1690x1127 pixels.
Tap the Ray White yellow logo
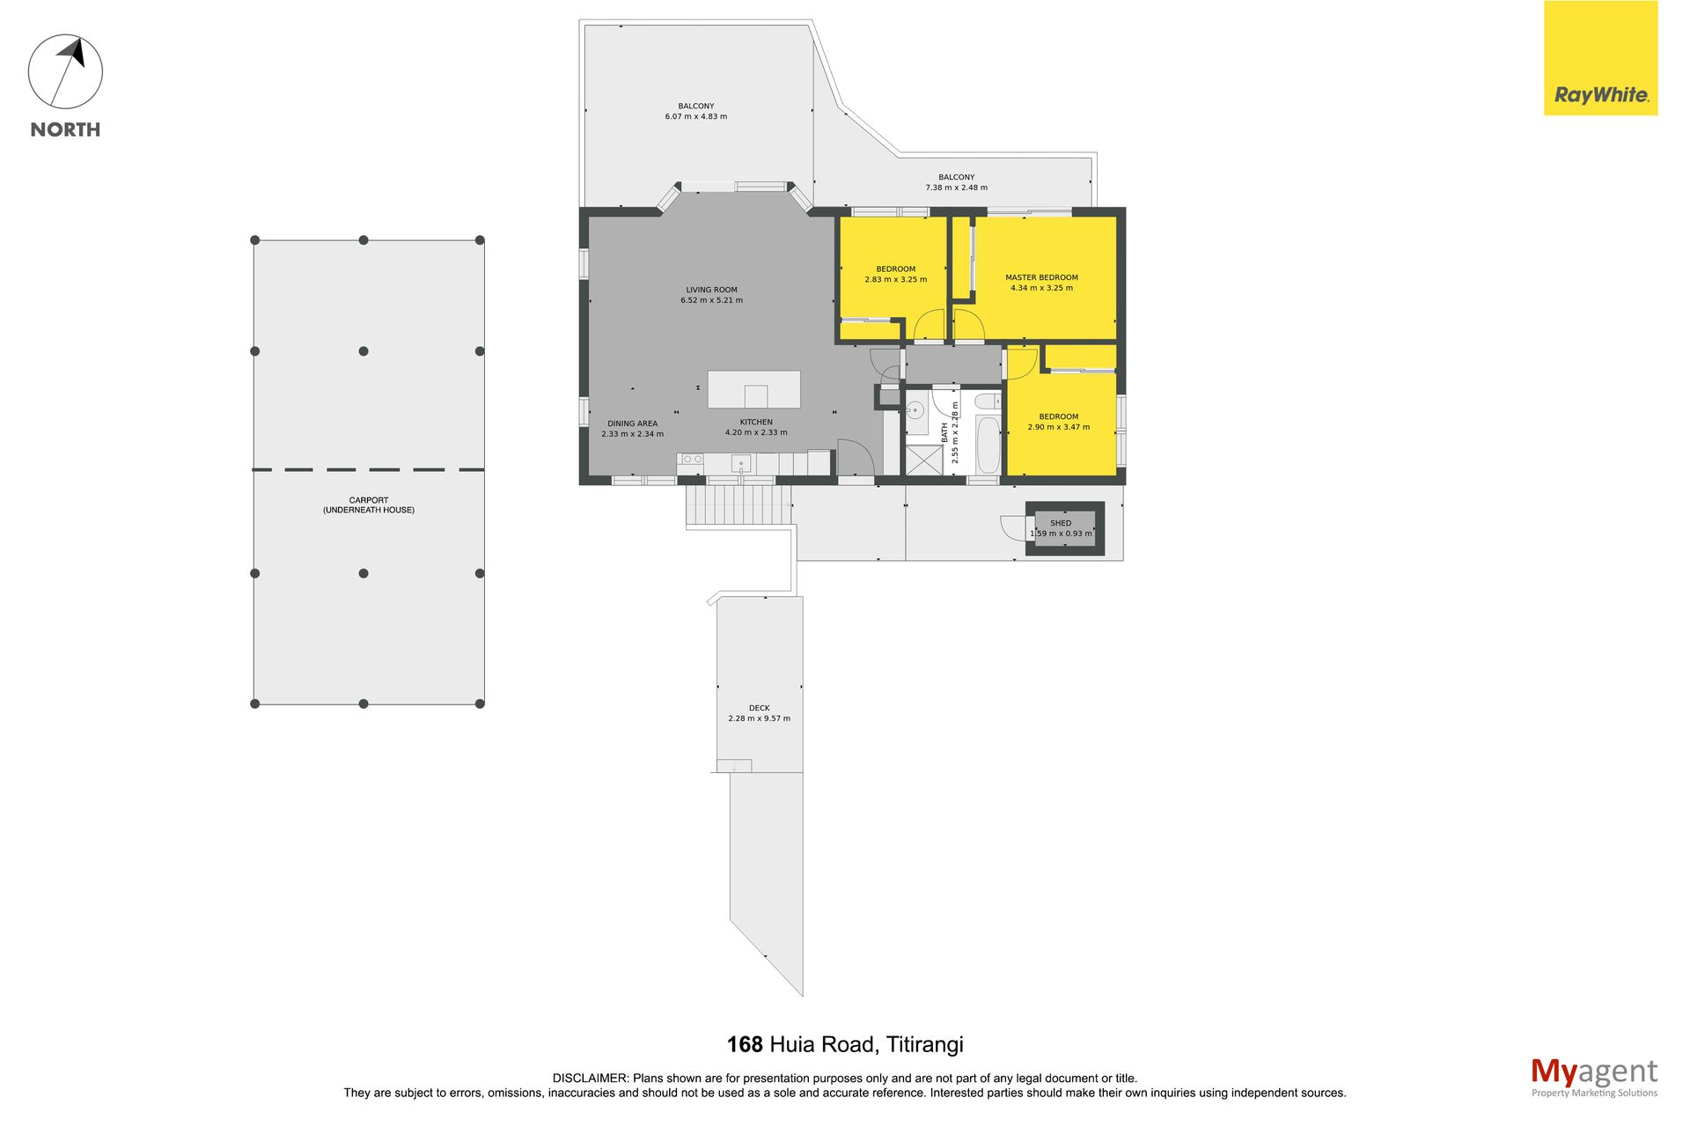coord(1600,58)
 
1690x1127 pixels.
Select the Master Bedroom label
coord(1041,277)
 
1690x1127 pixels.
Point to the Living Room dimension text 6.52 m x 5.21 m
coord(711,300)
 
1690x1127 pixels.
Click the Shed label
coord(1061,523)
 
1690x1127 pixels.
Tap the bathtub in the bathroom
coord(988,446)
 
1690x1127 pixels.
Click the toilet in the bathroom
coord(988,401)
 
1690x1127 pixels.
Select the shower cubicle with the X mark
coord(923,460)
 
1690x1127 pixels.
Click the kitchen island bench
coord(753,389)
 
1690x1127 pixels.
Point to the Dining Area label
coord(632,424)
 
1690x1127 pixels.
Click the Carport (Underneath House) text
coord(369,505)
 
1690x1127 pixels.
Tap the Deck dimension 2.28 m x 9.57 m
coord(759,718)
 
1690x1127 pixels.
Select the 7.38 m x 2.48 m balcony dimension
coord(956,188)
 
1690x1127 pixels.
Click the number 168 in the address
coord(745,1044)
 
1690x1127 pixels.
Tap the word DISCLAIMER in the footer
coord(591,1078)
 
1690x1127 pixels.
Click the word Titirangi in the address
coord(924,1045)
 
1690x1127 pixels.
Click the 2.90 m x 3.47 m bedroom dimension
coord(1058,427)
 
